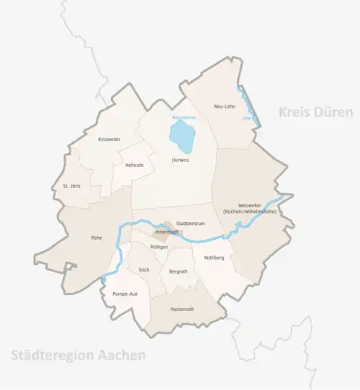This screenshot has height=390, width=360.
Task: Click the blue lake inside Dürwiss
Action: click(182, 135)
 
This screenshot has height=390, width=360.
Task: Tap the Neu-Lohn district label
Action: click(225, 106)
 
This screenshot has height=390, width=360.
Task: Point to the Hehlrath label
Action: click(135, 165)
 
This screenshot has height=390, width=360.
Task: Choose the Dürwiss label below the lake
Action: click(180, 160)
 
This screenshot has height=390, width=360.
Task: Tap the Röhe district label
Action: click(96, 237)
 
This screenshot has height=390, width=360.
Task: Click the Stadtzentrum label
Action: click(191, 224)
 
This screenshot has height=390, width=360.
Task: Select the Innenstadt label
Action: click(167, 232)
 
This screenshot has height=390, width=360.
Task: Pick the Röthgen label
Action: click(159, 247)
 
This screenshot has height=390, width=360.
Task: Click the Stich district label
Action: click(143, 271)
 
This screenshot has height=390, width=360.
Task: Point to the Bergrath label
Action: click(178, 271)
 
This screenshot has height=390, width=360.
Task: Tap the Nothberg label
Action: click(215, 258)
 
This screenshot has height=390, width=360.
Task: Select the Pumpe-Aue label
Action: click(125, 294)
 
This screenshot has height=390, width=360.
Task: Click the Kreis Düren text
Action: click(315, 112)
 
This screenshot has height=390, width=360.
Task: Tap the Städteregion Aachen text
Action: click(78, 355)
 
